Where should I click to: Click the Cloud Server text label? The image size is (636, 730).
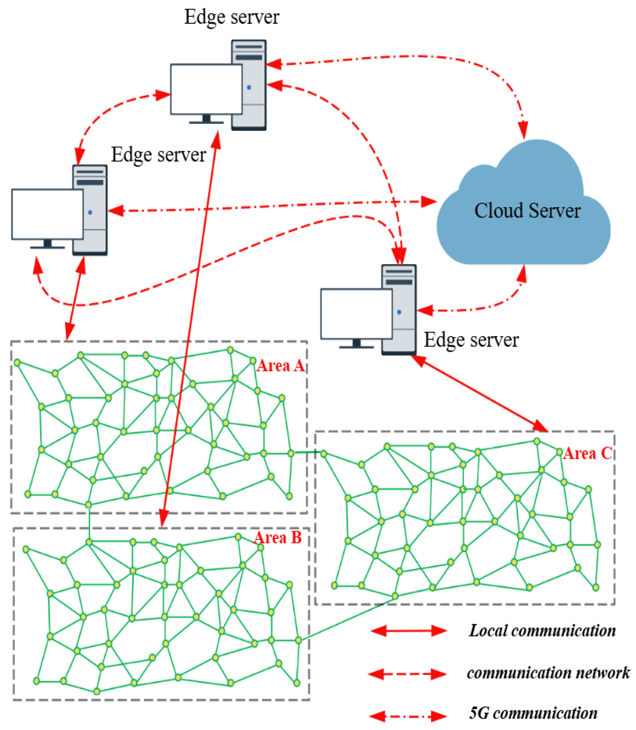(x=527, y=211)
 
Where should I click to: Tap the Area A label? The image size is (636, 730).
(x=281, y=366)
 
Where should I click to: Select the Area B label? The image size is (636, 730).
(x=278, y=538)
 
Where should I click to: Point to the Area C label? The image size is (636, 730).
(x=588, y=454)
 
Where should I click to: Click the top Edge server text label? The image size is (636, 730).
(x=232, y=17)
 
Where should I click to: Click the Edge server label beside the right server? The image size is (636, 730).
(x=471, y=340)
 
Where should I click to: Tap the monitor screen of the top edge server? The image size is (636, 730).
(x=206, y=89)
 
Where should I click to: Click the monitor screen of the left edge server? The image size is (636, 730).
(x=47, y=214)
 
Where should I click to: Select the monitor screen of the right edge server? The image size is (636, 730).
(x=356, y=314)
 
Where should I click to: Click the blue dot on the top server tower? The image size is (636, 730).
(x=249, y=87)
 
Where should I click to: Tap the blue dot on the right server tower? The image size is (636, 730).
(x=399, y=312)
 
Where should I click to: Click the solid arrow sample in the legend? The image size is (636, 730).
(x=408, y=630)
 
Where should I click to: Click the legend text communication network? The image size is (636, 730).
(x=548, y=673)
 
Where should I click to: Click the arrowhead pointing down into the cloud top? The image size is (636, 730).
(x=523, y=131)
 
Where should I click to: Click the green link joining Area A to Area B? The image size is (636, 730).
(x=89, y=523)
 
